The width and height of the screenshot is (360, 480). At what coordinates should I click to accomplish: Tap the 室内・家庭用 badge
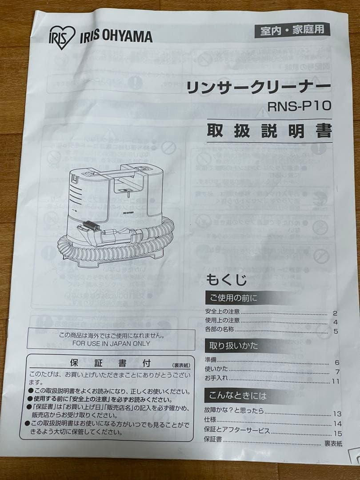pyautogui.click(x=292, y=30)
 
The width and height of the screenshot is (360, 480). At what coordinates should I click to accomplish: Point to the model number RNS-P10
pyautogui.click(x=300, y=107)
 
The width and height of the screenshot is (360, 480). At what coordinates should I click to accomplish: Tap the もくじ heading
pyautogui.click(x=226, y=280)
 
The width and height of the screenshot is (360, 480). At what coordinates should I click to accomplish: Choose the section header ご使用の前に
pyautogui.click(x=231, y=297)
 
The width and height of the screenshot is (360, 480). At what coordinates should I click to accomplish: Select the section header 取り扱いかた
pyautogui.click(x=231, y=345)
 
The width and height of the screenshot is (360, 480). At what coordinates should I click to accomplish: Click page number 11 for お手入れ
pyautogui.click(x=335, y=381)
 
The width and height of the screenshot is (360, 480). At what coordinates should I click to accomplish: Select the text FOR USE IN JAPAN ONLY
pyautogui.click(x=111, y=344)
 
